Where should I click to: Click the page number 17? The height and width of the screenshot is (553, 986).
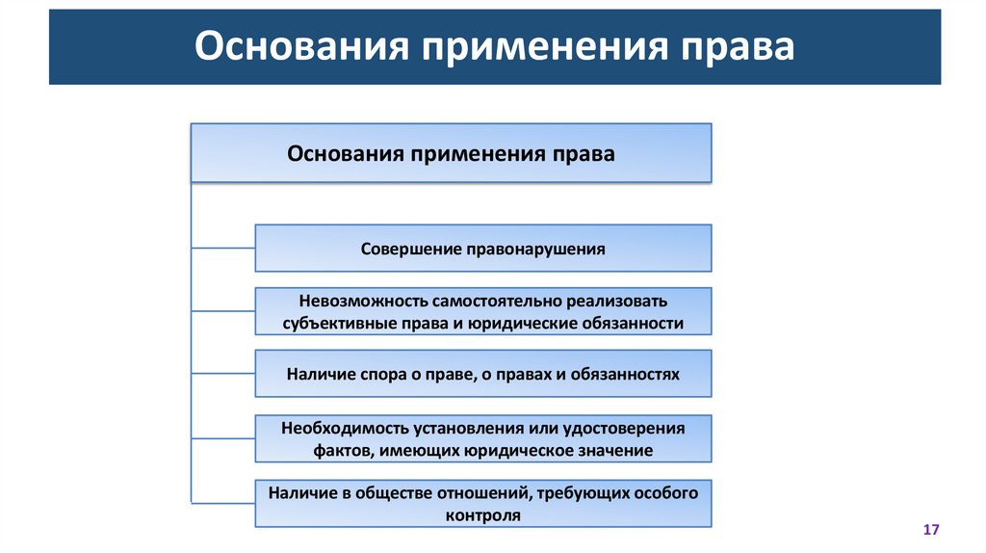(x=930, y=530)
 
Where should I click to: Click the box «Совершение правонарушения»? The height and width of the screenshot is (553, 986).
(x=483, y=249)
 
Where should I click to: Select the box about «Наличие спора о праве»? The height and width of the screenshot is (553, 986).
(x=483, y=374)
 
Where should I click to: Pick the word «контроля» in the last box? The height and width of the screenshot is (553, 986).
(x=483, y=515)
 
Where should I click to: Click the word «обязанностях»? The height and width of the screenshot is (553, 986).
(x=630, y=374)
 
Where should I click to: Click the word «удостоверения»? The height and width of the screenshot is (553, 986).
(x=626, y=428)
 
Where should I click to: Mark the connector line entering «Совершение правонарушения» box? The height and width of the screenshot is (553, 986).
(x=223, y=249)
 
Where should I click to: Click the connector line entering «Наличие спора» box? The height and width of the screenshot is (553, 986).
(x=223, y=374)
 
